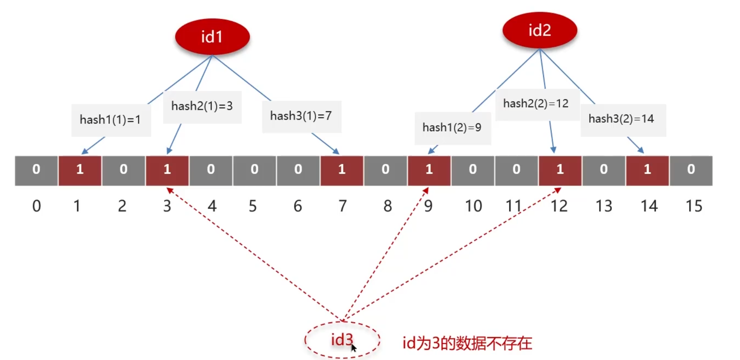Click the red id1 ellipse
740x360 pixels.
click(x=212, y=37)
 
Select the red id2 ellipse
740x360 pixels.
click(x=539, y=31)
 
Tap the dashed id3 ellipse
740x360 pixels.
click(x=342, y=340)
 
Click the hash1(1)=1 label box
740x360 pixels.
click(x=111, y=120)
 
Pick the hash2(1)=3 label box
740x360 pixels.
click(x=202, y=106)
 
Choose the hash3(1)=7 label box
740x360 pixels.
click(x=301, y=116)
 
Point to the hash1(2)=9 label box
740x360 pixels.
click(x=452, y=128)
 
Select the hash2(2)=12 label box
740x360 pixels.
click(x=537, y=104)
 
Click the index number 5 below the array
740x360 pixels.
click(x=253, y=206)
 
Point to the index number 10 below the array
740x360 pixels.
click(x=473, y=206)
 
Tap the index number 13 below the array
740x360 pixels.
click(x=604, y=206)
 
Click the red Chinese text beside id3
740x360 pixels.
click(x=467, y=343)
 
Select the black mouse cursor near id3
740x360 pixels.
click(x=354, y=348)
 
